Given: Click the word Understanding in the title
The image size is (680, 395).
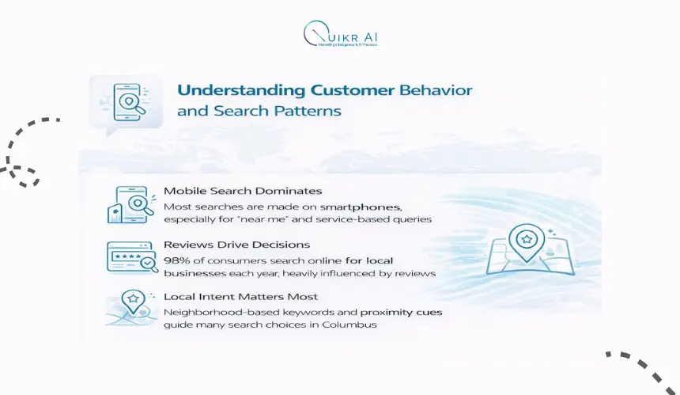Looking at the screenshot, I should (x=225, y=90).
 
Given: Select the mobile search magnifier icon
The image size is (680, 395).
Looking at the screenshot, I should (x=130, y=205).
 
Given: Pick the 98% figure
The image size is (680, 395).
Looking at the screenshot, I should (x=176, y=260).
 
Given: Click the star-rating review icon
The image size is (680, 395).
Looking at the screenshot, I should (x=130, y=257).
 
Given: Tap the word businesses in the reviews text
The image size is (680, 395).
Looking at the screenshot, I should (x=193, y=273).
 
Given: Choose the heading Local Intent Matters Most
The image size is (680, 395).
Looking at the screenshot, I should (x=240, y=297).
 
